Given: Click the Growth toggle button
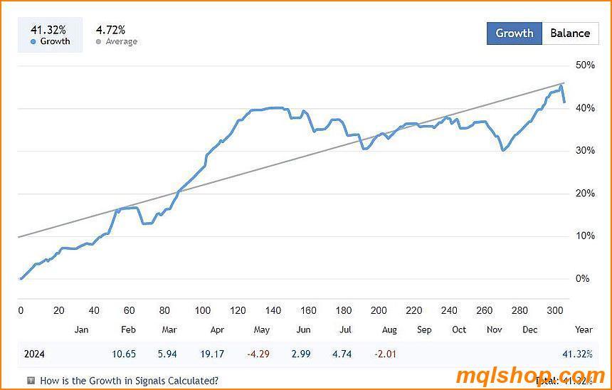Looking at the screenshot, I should [514, 33].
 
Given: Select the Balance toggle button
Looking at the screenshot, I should [569, 33].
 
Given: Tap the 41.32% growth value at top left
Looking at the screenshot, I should [48, 30].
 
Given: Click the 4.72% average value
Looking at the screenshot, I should [110, 30].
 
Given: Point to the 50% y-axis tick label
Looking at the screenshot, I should [585, 65].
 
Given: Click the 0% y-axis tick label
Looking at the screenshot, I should [582, 279].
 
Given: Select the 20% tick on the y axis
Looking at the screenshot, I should [585, 194].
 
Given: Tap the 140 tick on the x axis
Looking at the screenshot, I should [273, 310].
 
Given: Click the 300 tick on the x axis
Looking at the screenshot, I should [556, 310].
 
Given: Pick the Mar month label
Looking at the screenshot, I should [169, 330].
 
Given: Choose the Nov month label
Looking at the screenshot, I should [494, 330].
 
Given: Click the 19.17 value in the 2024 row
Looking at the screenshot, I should [212, 354].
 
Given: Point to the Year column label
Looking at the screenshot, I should [584, 330].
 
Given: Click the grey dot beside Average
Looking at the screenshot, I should [98, 42].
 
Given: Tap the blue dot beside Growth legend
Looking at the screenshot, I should [33, 42].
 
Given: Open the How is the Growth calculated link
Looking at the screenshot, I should [129, 381].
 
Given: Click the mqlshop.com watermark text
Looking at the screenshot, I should [529, 376].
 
